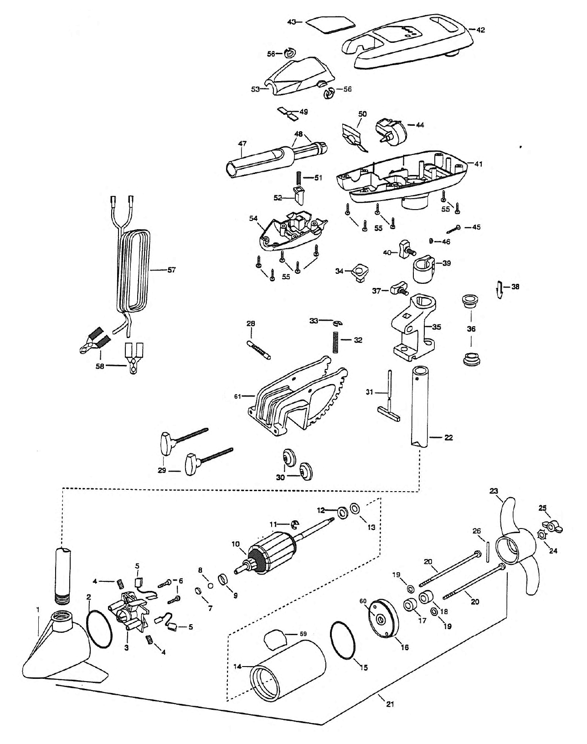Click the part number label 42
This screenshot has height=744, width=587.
tap(481, 30)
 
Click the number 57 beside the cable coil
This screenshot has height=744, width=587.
tap(171, 270)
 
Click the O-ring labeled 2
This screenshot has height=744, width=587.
tap(99, 628)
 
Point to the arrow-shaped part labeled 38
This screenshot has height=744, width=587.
tap(500, 289)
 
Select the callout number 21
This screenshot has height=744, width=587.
tap(390, 703)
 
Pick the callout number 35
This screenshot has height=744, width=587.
tap(437, 327)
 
